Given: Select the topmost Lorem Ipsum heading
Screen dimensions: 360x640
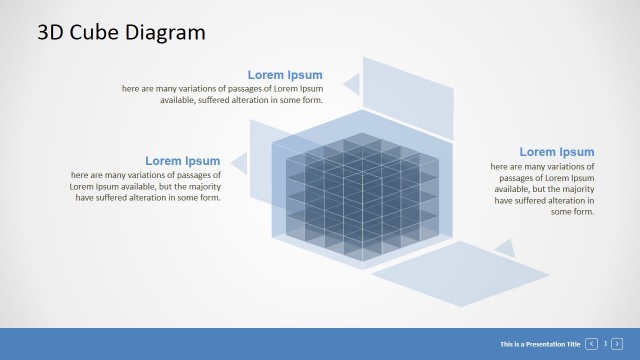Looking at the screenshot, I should point(285,75).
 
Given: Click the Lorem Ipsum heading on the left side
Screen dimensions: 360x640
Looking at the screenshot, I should point(182,161).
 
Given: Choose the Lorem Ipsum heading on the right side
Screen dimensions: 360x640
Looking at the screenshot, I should point(556,152).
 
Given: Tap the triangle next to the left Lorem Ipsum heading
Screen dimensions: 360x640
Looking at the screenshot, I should point(240,162).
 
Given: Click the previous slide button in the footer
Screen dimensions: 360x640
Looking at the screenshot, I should point(592,344).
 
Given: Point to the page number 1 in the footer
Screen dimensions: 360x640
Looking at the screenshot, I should point(605,344).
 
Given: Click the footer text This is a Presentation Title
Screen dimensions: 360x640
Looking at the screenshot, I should point(540,344).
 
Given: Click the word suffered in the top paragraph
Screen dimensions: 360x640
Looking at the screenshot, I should point(206,100).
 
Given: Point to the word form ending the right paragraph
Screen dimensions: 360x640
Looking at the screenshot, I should point(583,211).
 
